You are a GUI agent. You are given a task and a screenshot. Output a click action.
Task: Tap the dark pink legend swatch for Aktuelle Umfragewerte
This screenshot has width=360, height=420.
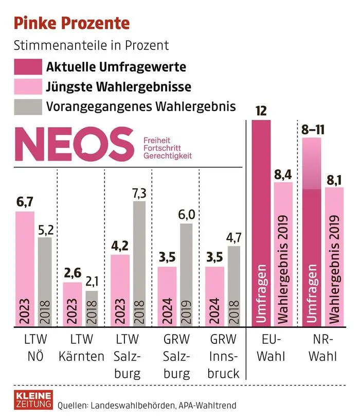point(26,67)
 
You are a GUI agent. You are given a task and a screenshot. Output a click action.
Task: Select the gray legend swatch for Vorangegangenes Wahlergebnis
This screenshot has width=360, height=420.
point(26,107)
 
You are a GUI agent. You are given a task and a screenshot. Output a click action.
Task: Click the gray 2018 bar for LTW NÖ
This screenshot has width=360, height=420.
point(45,281)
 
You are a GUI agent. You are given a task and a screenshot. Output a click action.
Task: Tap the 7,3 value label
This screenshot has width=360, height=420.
point(139,193)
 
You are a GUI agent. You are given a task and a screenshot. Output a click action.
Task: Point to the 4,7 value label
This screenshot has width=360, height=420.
point(235,238)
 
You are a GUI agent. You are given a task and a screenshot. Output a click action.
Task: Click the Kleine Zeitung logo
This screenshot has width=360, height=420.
point(31,399)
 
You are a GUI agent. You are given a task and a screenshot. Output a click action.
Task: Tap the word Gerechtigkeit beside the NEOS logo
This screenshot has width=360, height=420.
point(168,155)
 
